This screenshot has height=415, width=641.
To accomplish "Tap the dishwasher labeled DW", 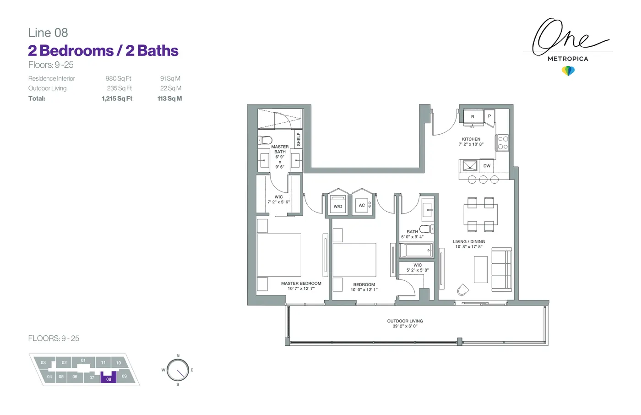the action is (x=487, y=166).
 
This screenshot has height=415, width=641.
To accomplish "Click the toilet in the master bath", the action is (x=265, y=140).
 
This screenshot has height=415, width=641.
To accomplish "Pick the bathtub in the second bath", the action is (x=416, y=251).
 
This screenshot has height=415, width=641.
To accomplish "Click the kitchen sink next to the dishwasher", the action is (x=470, y=166).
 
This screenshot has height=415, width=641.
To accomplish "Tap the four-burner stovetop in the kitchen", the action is (x=503, y=143).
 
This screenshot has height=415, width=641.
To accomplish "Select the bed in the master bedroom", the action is (x=279, y=255).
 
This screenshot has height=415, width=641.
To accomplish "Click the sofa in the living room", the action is (x=502, y=270).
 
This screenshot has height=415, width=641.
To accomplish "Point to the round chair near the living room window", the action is (x=463, y=289).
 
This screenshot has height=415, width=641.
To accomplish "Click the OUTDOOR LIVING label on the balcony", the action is (x=405, y=321).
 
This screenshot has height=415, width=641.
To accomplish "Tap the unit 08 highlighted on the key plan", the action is (x=109, y=377).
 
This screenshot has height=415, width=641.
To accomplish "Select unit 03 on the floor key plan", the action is (x=43, y=363).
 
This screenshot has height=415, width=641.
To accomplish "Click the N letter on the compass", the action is (x=178, y=355).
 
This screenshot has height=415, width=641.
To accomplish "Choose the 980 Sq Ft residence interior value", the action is (x=118, y=78).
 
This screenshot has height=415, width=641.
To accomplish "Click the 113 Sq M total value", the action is (x=169, y=98).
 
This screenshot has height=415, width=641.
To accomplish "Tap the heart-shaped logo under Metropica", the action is (x=568, y=71).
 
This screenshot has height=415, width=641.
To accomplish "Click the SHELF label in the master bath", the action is (x=299, y=139).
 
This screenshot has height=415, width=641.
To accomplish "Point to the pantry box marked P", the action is (x=489, y=116).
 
